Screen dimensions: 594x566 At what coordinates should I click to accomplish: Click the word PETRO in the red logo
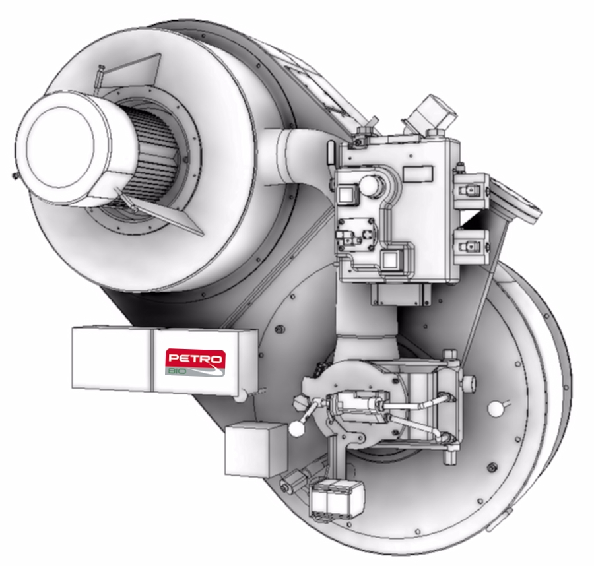click(195, 358)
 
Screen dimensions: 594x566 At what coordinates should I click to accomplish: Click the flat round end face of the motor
click(60, 147)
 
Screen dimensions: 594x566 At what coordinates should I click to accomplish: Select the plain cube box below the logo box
click(256, 449)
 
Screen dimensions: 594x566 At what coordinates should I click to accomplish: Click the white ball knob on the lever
click(296, 429)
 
